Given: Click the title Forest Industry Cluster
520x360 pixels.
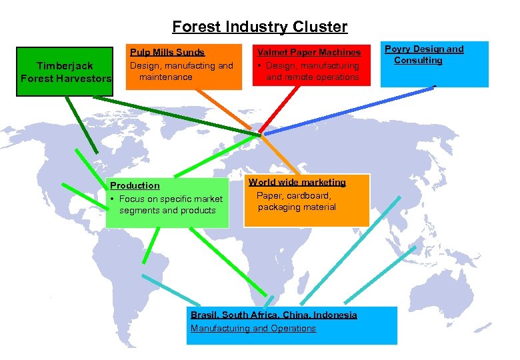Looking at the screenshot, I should tap(259, 27).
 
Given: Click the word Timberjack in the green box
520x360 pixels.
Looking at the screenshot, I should tap(65, 66).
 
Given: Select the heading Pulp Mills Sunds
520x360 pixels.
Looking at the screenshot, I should tap(167, 52).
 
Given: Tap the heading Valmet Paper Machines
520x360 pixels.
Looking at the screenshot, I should tap(309, 53).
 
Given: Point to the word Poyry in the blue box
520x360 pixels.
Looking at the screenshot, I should tap(398, 49).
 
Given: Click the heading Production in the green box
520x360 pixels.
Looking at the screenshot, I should tap(135, 185).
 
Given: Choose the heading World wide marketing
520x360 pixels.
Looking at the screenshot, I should tap(297, 182).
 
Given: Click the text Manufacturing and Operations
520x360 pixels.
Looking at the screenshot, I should tap(253, 328).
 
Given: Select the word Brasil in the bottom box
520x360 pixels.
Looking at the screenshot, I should tap(203, 315).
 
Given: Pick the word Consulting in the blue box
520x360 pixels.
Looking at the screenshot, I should tap(418, 61).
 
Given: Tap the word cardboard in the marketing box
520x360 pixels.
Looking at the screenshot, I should tap(307, 195).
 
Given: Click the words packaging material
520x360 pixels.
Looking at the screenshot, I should tap(297, 207).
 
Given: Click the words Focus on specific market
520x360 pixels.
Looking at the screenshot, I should tap(171, 199).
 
